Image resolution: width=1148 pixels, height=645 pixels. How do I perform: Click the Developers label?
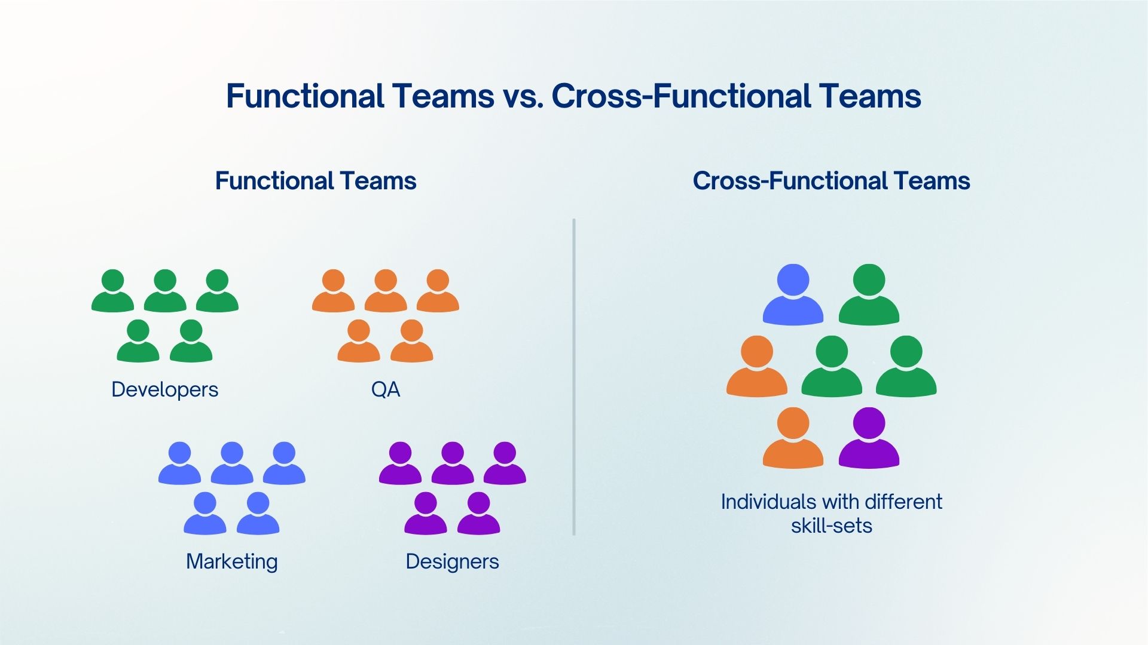tap(164, 389)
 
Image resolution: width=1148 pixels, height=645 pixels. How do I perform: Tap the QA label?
tap(385, 389)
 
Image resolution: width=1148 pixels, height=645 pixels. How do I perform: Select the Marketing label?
tap(231, 561)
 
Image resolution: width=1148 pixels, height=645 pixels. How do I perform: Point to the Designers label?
tap(452, 561)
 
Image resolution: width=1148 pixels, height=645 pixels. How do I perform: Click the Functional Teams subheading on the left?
tap(315, 181)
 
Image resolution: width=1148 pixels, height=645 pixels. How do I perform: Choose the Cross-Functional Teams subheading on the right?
tap(831, 181)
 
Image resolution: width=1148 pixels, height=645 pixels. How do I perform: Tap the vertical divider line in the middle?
tap(573, 376)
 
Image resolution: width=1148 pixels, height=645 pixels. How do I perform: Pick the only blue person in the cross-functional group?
tap(793, 296)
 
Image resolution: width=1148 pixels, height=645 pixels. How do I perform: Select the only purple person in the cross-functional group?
tap(869, 439)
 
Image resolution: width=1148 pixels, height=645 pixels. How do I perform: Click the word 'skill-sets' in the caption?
tap(831, 526)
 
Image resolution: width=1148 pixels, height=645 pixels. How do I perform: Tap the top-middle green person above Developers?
tap(165, 291)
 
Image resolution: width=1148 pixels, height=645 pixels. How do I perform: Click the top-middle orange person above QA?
tap(386, 291)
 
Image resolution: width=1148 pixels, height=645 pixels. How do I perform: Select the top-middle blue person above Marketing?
tap(232, 464)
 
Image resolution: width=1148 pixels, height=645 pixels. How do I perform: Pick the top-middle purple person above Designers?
tap(453, 464)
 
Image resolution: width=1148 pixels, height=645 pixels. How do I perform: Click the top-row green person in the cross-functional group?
tap(869, 296)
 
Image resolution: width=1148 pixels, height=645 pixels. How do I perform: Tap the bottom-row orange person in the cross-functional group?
tap(793, 439)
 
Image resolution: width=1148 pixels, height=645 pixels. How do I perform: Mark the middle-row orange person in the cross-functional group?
tap(756, 367)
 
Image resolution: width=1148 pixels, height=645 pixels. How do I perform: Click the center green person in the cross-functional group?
tap(831, 367)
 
